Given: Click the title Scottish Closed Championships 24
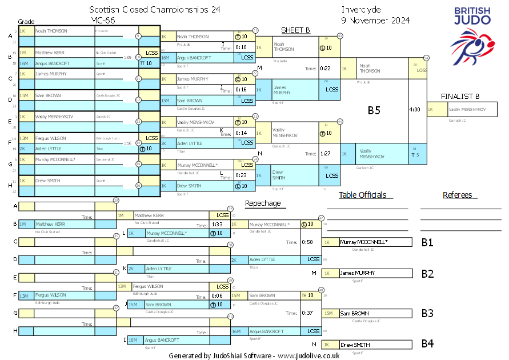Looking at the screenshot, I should click(x=154, y=10).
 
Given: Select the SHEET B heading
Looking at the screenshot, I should click(x=295, y=30).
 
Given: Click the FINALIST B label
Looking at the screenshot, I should click(x=460, y=96).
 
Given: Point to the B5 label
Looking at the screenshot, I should click(x=374, y=111).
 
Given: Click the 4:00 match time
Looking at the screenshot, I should click(x=415, y=109).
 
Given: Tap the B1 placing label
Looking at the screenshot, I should click(x=427, y=242).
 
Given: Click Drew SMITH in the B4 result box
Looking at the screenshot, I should click(x=355, y=345).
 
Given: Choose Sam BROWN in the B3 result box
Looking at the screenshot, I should click(x=355, y=313).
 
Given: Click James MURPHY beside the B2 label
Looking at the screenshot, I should click(x=358, y=273).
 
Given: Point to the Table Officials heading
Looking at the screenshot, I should click(x=362, y=195).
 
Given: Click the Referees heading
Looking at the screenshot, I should click(x=457, y=195).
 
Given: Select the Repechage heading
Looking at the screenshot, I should click(x=263, y=203).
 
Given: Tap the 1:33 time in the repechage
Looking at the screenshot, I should click(x=217, y=225).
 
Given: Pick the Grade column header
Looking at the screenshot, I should click(x=26, y=21).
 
